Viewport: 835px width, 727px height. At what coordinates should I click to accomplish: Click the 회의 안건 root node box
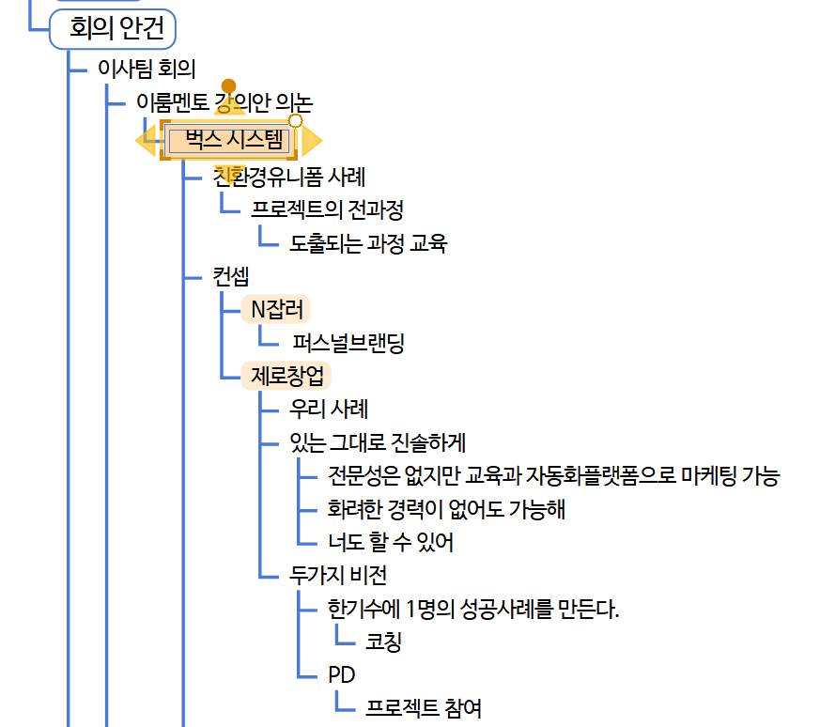pos(112,29)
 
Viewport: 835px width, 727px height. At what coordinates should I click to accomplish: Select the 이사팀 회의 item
pos(147,69)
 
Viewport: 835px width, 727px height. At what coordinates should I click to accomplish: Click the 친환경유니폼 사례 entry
pos(288,176)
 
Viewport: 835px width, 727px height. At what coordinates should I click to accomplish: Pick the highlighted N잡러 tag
pos(275,309)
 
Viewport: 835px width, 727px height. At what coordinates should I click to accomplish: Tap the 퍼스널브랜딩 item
pos(348,343)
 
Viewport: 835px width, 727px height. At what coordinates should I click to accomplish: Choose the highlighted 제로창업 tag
pos(286,376)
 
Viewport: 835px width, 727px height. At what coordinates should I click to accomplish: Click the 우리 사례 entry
pos(329,410)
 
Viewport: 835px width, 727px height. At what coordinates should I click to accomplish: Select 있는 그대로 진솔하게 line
pos(378,442)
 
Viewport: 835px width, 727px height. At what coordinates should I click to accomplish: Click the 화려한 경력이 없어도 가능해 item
pos(446,509)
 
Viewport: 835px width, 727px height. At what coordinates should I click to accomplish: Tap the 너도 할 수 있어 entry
pos(391,543)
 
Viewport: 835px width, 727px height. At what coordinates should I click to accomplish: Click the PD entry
pos(341,675)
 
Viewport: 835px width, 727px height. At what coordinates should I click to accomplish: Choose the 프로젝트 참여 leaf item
pos(424,708)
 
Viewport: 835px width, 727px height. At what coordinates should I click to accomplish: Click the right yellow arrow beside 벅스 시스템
pos(312,141)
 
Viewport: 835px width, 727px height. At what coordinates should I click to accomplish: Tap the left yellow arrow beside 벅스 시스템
pos(146,141)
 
